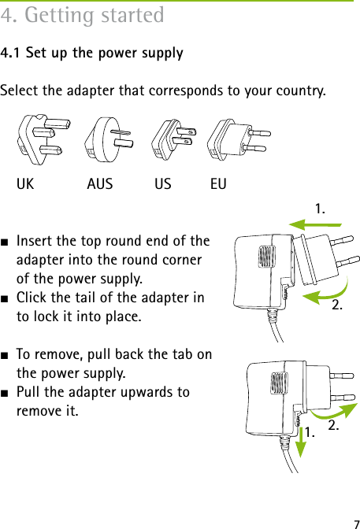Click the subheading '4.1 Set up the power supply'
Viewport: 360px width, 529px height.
click(92, 54)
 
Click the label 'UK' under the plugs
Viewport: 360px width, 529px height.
click(25, 185)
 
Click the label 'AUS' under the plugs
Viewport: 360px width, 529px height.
click(99, 185)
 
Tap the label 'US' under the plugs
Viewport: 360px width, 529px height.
click(163, 185)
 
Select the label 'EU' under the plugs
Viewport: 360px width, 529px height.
click(219, 185)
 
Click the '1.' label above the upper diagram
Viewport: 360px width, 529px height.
click(321, 209)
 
